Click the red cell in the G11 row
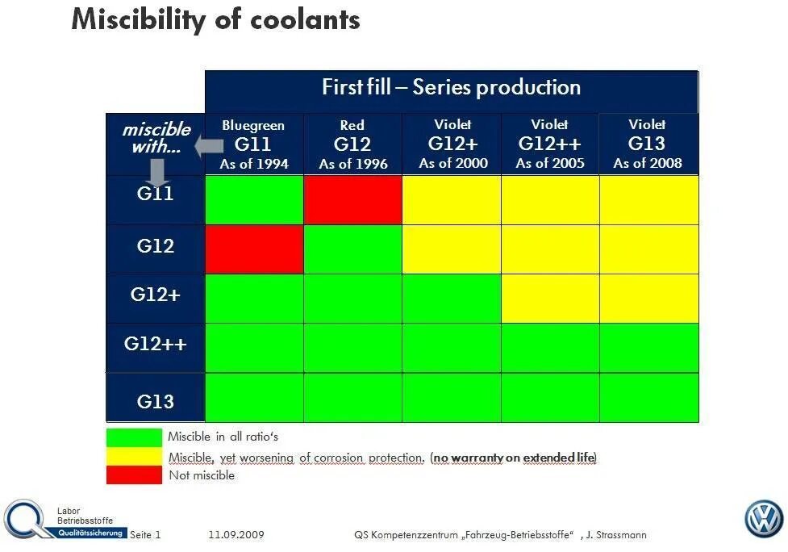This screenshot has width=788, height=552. coord(352,200)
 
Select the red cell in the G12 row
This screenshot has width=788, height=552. coord(254,249)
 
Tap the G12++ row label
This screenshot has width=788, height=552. coord(156,345)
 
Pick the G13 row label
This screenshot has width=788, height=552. coord(156,401)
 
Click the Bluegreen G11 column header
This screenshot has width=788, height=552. coord(254,144)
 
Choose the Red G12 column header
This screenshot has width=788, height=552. coord(352,144)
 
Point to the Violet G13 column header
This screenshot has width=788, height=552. coord(648,144)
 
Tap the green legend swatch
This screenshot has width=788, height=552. coord(134,437)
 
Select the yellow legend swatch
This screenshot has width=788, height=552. coord(134,457)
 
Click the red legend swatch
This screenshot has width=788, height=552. coord(134,475)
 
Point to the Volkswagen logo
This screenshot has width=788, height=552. coord(763,518)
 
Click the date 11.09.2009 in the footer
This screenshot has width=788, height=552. coord(236,535)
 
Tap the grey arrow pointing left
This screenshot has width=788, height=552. coord(211,146)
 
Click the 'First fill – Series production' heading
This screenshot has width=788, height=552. coord(451,87)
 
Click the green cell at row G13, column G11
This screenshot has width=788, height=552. coord(254,398)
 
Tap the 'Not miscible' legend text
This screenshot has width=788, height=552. coord(202,475)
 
